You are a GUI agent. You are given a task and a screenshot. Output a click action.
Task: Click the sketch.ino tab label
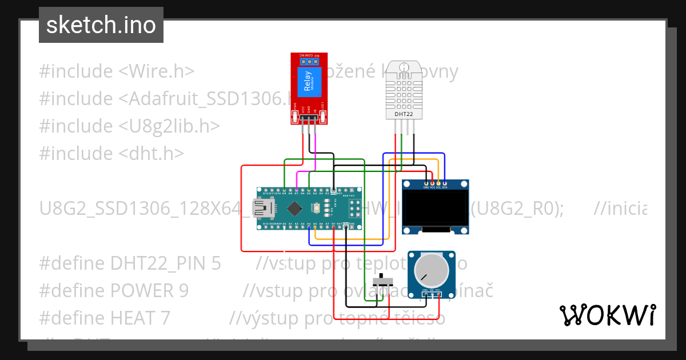click(x=101, y=25)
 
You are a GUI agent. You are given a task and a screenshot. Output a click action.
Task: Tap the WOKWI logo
click(x=607, y=315)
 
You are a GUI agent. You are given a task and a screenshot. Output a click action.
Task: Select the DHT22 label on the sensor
click(x=404, y=114)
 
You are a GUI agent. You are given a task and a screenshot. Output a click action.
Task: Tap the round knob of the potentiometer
click(x=430, y=270)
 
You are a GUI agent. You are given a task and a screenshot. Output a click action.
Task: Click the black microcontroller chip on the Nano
click(x=294, y=207)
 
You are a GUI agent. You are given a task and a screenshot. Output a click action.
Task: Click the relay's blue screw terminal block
click(x=309, y=61)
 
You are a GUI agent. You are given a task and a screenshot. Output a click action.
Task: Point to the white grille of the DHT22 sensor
click(x=404, y=90)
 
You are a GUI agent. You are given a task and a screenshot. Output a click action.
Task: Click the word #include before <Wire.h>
click(x=76, y=71)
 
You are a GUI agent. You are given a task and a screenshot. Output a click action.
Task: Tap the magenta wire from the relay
click(x=314, y=154)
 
